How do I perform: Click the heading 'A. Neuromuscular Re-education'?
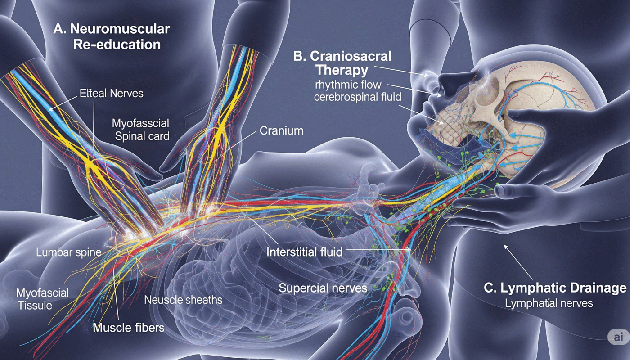(x=112, y=37)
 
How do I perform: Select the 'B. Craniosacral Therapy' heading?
(x=342, y=63)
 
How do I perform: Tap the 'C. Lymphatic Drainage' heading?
(x=555, y=288)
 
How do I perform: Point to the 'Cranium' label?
(x=281, y=131)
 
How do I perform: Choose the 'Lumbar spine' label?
(x=69, y=252)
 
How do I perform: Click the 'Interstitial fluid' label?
(x=304, y=252)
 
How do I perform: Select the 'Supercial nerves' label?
(x=323, y=288)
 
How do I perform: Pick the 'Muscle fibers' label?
(x=129, y=327)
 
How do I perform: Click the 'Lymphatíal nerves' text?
(x=549, y=303)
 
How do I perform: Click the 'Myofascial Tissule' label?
(x=42, y=299)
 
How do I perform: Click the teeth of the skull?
(x=445, y=120)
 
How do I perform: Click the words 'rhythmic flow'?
(x=342, y=85)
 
